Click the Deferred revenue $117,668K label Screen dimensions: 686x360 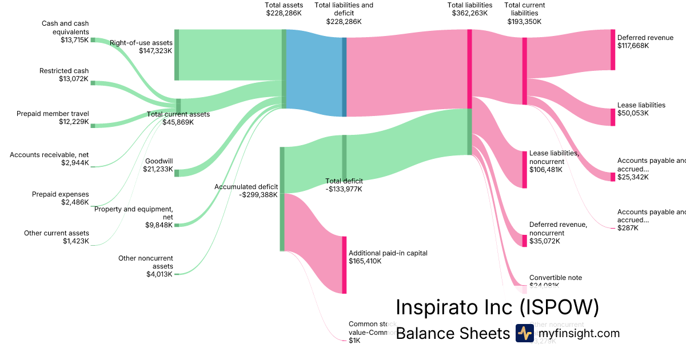[645, 42]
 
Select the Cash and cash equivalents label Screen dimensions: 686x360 [65, 31]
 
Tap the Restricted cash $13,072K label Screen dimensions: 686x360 [64, 75]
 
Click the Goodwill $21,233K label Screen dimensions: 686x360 [158, 165]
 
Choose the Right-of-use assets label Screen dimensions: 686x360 [141, 46]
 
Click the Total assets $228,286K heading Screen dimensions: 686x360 [284, 9]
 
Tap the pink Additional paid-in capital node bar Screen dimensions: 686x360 [344, 265]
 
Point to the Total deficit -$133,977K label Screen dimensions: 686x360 [344, 185]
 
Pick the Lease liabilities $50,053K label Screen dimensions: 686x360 [641, 109]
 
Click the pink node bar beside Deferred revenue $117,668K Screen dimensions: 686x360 [612, 50]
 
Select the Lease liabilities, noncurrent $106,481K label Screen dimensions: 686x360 [554, 161]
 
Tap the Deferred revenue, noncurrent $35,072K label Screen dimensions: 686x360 [558, 233]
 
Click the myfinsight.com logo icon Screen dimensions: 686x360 [524, 333]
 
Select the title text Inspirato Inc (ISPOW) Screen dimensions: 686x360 [497, 307]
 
